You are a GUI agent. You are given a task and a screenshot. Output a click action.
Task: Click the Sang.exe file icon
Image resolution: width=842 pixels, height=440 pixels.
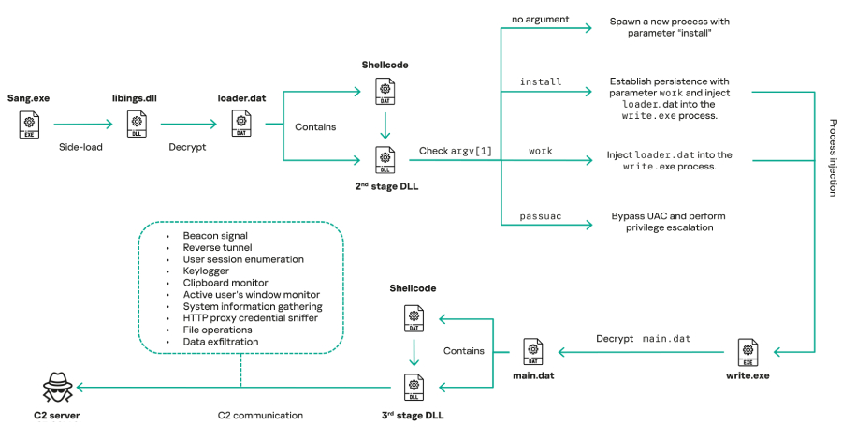point(30,123)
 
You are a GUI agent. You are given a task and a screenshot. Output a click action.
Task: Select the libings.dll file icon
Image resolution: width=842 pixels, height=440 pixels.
point(137,123)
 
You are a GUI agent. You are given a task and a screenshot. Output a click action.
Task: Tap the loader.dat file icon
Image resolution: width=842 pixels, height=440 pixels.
point(240,123)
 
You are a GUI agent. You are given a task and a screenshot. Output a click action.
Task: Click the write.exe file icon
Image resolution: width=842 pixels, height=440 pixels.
point(748,352)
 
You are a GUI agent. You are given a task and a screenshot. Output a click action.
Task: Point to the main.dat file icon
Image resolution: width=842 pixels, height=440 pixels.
point(532,352)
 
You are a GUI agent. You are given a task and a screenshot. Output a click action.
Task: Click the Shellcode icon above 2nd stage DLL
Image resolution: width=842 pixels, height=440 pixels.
point(385,91)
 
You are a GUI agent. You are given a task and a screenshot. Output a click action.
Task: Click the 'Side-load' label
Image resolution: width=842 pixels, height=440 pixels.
point(81,147)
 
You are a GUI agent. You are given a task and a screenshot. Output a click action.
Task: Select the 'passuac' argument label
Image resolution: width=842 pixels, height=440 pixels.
point(541,216)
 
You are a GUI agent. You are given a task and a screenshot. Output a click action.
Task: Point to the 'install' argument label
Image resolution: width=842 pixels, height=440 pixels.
point(540,81)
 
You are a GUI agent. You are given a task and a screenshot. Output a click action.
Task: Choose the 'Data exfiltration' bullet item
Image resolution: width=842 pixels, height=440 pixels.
point(221,342)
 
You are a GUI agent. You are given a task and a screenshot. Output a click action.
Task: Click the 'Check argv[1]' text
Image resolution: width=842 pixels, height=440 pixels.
point(447,151)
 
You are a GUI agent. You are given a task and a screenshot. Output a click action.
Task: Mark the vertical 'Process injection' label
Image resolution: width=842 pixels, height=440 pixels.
point(832,157)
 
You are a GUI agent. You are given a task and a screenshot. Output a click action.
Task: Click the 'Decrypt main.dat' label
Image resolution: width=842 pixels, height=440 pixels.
point(644,338)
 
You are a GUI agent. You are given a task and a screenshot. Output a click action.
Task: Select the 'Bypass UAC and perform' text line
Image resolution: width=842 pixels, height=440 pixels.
point(668,215)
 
